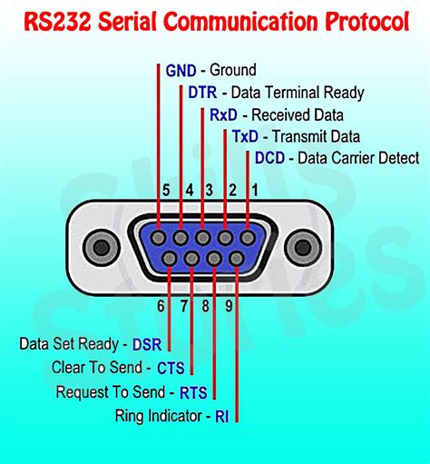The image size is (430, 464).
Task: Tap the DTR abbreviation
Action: (x=203, y=92)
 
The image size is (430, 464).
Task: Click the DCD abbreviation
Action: (x=270, y=158)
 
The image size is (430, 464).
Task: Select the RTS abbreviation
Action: (x=193, y=392)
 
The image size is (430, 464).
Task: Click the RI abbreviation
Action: (x=222, y=416)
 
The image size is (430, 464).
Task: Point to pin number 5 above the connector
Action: (x=166, y=190)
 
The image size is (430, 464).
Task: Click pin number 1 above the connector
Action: (x=255, y=190)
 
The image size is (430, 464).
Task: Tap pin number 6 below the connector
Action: (x=161, y=306)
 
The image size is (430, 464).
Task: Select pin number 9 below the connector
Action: (x=229, y=306)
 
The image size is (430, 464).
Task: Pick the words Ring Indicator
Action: (x=160, y=416)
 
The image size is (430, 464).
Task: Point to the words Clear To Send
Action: (x=96, y=368)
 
